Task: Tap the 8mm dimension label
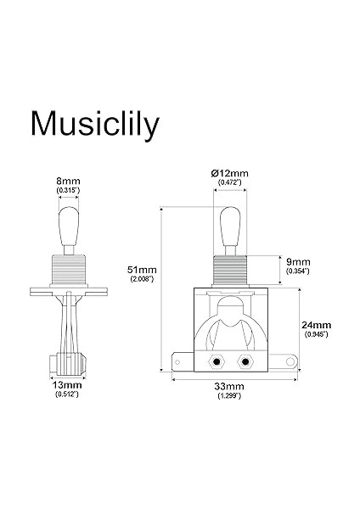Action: (68, 180)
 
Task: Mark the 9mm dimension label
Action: (297, 261)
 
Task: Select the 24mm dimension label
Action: (316, 325)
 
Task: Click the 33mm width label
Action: (225, 388)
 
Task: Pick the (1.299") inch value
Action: (225, 397)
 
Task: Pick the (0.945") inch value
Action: (316, 335)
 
